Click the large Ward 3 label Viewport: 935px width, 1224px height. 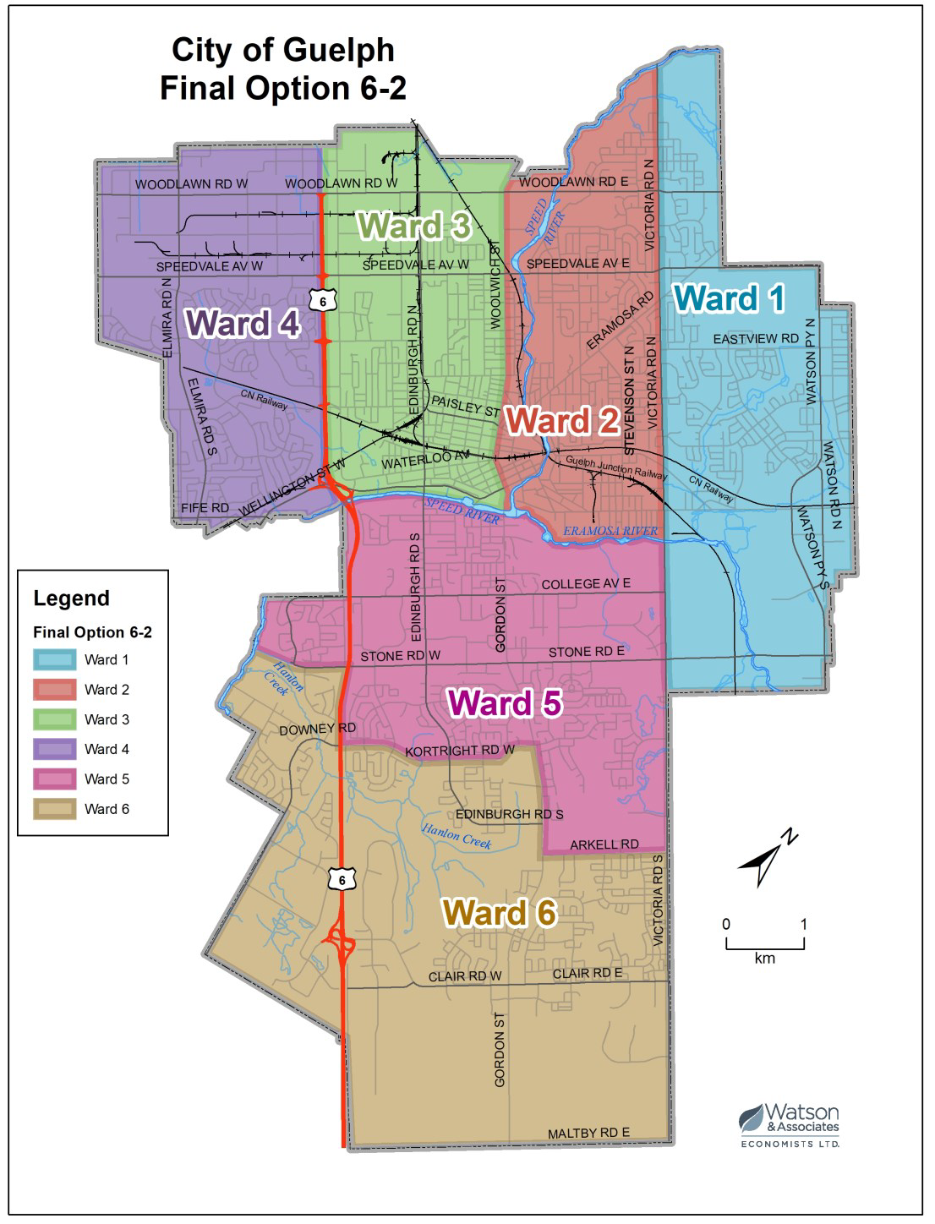[413, 227]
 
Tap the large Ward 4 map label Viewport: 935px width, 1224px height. [242, 324]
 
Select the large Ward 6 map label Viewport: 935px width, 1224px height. [500, 914]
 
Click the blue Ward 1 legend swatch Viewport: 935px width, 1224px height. [55, 660]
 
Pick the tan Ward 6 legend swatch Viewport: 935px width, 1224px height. [55, 809]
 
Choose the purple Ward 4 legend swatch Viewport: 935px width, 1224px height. [55, 749]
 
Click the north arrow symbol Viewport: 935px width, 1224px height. [767, 859]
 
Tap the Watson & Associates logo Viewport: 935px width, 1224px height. [790, 1124]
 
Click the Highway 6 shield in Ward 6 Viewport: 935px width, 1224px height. [342, 880]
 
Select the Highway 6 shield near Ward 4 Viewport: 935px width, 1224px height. [322, 301]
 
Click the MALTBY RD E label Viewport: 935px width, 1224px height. [588, 1133]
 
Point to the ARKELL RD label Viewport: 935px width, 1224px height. [604, 844]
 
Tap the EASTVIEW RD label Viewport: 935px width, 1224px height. [755, 339]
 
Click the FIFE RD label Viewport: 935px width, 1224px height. [205, 508]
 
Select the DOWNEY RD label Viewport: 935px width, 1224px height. [317, 729]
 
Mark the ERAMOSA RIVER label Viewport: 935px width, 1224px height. [610, 531]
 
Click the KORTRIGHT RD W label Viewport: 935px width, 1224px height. [459, 751]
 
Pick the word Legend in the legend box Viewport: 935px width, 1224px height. [71, 598]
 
